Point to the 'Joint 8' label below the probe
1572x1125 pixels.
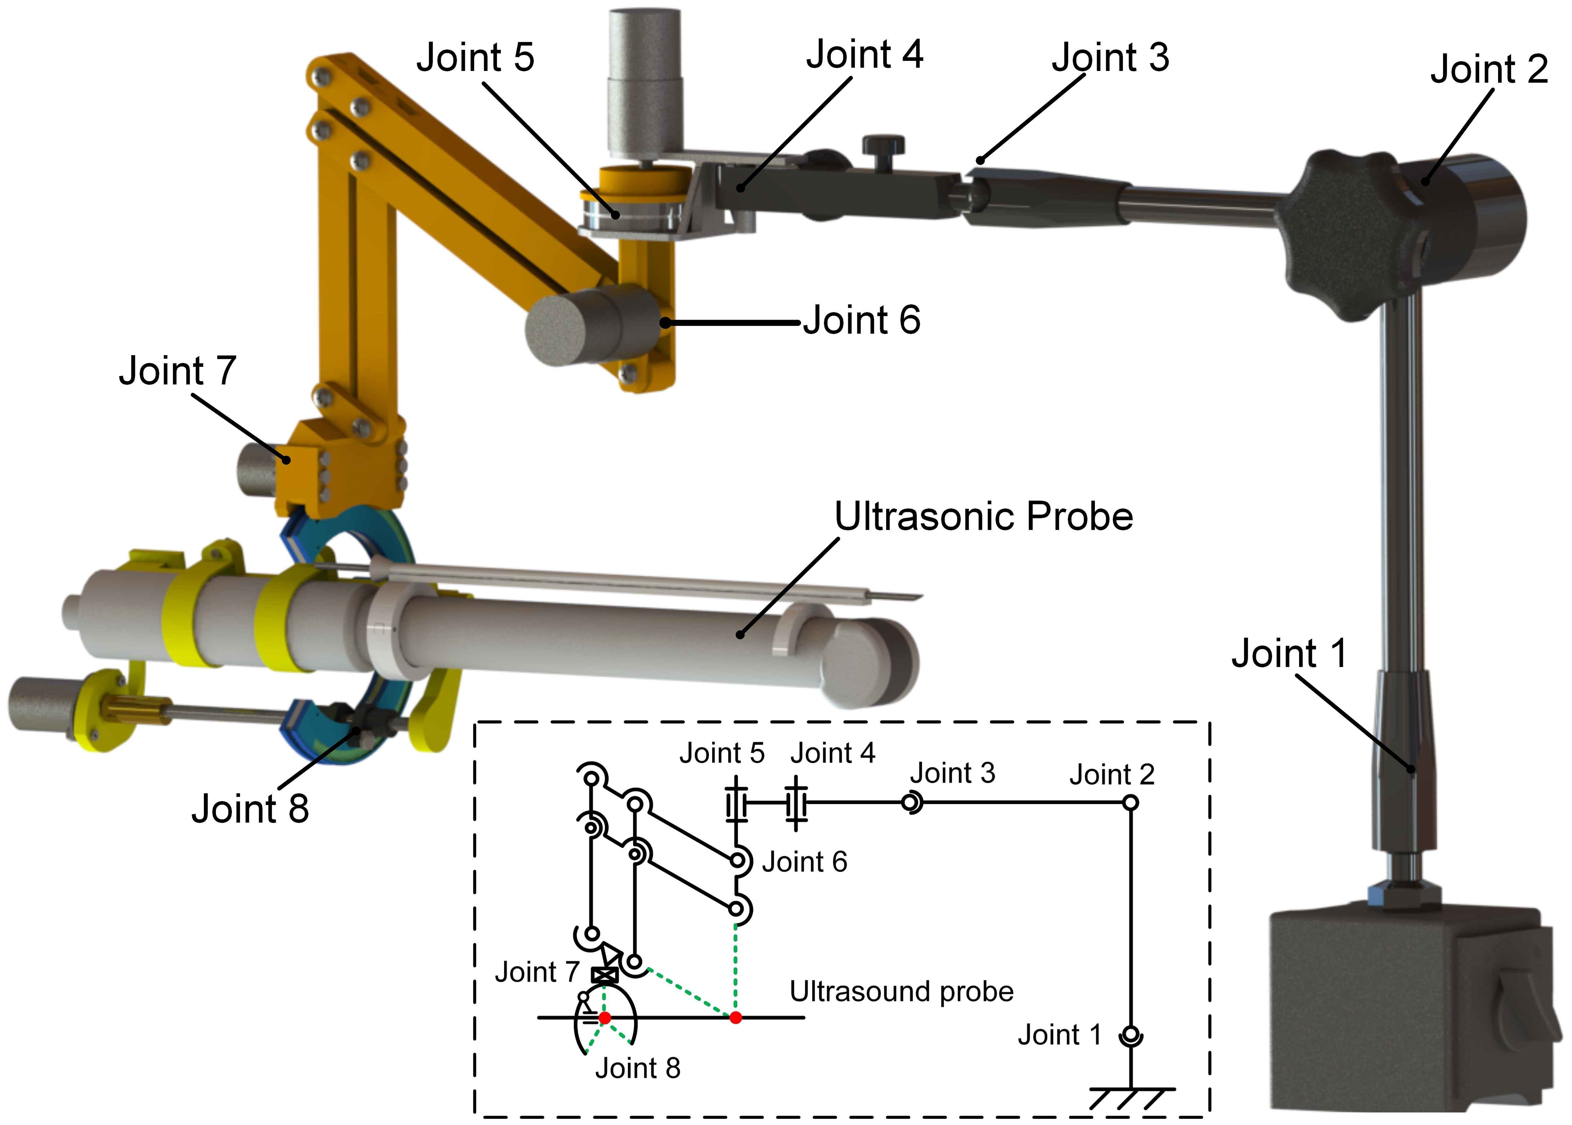tap(250, 809)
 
